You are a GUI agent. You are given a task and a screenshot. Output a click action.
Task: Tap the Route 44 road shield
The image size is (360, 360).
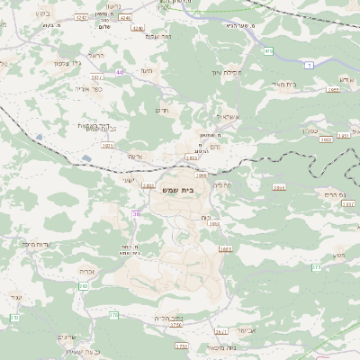point(120,71)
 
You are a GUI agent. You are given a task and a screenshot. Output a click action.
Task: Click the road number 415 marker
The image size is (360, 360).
point(268,51)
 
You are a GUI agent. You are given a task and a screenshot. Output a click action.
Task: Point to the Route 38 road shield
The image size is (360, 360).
point(137,214)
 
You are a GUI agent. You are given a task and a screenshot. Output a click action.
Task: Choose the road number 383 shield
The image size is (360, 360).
point(83,285)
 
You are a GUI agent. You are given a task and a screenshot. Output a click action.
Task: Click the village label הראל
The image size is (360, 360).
point(95,55)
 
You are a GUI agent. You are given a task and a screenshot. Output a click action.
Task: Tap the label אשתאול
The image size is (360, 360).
point(227,117)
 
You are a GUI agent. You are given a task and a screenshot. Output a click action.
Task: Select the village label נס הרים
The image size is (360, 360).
point(330,194)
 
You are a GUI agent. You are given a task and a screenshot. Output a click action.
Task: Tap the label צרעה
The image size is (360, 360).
point(133,156)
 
